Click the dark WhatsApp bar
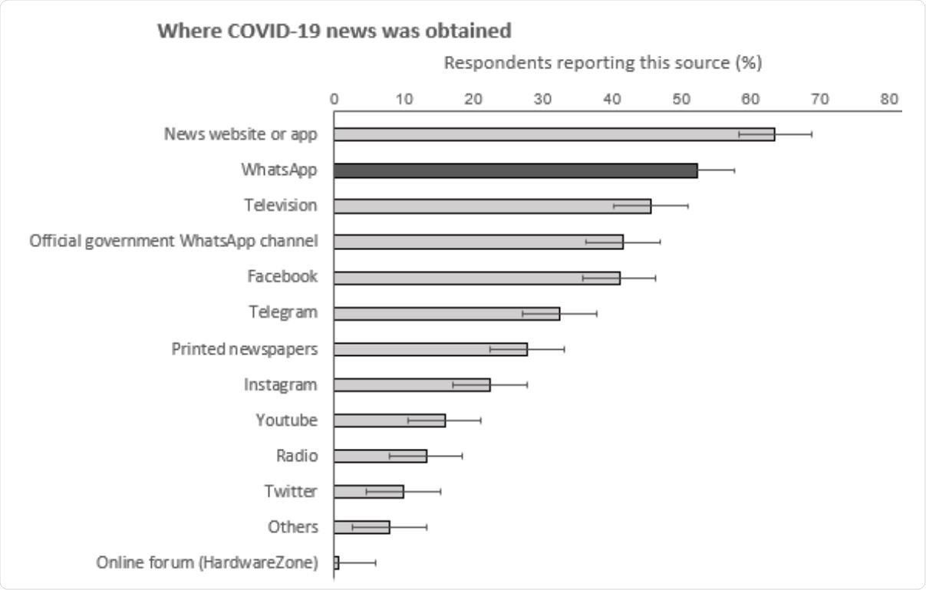point(516,170)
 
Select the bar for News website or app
point(554,134)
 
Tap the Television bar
point(492,206)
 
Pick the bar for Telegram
point(447,313)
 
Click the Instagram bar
point(412,384)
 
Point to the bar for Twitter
point(368,491)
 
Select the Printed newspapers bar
point(430,349)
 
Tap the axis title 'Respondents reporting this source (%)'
point(603,64)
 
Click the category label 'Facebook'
point(282,277)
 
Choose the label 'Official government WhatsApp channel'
point(173,241)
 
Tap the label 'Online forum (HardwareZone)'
point(206,562)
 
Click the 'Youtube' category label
point(286,420)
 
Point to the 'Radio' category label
point(297,456)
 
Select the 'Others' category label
point(292,527)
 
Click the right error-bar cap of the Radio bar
point(462,456)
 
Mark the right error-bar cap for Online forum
point(376,562)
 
